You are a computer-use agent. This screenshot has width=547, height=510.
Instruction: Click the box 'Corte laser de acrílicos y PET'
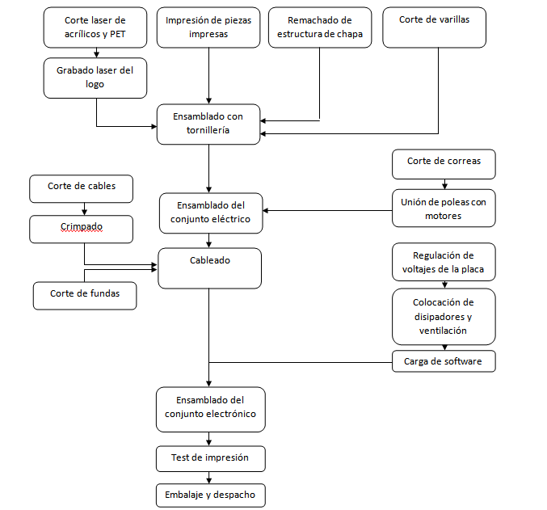point(95,27)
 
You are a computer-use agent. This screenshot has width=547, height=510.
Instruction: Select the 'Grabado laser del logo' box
point(95,78)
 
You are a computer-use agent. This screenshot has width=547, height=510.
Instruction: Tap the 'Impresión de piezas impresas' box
point(208,27)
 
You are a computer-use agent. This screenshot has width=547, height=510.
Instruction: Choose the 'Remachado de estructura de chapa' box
point(320,27)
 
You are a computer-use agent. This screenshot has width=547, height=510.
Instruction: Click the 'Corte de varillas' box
point(435,27)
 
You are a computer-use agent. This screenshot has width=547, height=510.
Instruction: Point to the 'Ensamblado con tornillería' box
point(208,124)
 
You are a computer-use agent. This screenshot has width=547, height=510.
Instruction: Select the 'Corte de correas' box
point(444,164)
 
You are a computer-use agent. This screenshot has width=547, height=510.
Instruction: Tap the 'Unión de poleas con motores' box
point(444,208)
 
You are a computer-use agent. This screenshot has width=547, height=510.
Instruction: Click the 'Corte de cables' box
point(82,189)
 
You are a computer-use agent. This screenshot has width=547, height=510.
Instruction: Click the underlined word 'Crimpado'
point(82,226)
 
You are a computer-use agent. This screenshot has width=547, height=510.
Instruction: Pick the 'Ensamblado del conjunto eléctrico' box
point(211,213)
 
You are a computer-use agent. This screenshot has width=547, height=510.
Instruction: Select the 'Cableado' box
point(209,268)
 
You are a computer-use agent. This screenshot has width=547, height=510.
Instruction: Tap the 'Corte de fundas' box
point(85,296)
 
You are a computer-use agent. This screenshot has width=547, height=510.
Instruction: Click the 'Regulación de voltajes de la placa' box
point(444,262)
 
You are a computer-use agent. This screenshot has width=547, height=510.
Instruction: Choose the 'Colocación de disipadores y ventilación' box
point(444,316)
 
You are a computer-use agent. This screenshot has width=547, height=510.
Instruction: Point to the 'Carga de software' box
point(444,361)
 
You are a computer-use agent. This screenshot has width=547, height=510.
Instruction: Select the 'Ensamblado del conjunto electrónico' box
point(211,410)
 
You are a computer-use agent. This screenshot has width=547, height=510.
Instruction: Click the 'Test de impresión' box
point(211,459)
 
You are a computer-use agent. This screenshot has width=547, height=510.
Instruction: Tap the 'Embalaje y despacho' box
point(211,495)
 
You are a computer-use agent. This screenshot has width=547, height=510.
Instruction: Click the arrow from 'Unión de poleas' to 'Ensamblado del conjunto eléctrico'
point(327,210)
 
